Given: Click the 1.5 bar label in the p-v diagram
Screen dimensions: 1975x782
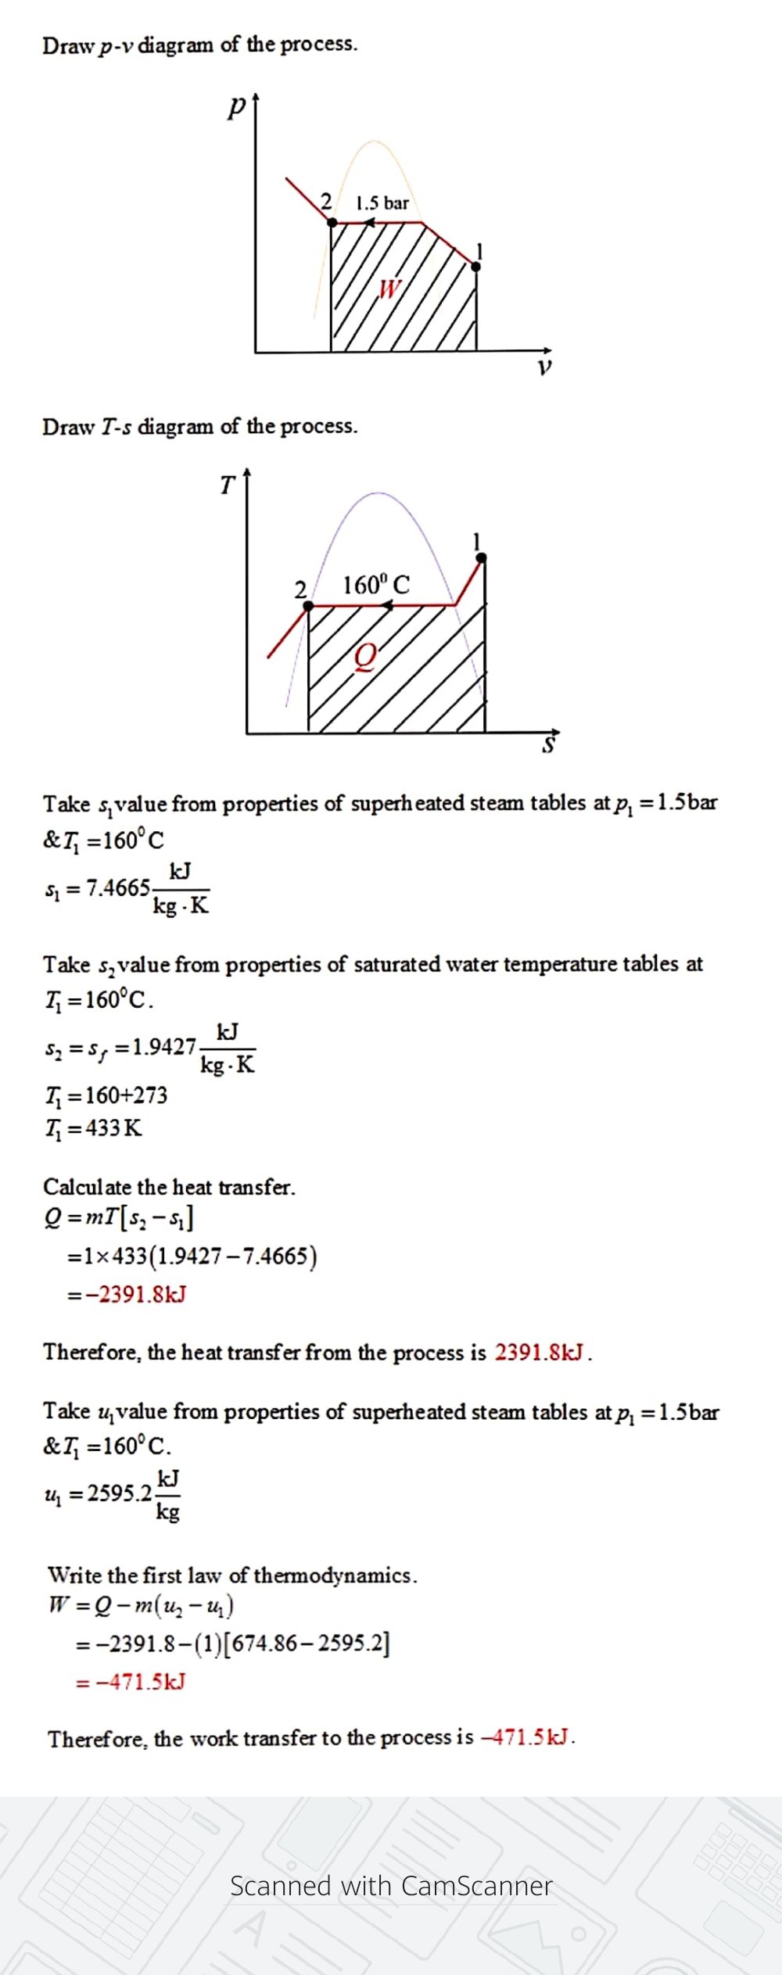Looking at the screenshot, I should (x=382, y=203).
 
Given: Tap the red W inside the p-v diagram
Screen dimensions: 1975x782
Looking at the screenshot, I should (x=389, y=289).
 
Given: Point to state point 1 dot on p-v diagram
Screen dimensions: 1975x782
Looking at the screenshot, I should (x=476, y=267).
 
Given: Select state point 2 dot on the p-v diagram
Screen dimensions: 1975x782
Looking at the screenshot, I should (x=332, y=223).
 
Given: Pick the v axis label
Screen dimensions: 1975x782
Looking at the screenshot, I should (x=544, y=367).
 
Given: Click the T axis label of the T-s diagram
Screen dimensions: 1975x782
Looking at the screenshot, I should (x=227, y=486).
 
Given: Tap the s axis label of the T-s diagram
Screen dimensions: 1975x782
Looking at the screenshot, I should (x=549, y=745).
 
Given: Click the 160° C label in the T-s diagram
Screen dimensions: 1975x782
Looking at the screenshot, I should (x=375, y=585).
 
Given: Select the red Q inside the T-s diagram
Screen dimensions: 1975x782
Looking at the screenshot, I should (x=365, y=656).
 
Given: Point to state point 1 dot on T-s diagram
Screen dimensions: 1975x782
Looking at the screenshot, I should (x=482, y=557).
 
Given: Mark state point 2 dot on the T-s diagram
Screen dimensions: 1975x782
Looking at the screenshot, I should (x=309, y=606).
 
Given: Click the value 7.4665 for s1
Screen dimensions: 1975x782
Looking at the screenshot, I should (x=117, y=888).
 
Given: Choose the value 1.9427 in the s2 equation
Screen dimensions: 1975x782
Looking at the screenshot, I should (x=163, y=1047).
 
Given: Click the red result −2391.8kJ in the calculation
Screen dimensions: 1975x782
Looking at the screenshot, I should (x=136, y=1295).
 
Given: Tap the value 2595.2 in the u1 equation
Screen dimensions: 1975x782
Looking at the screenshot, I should (x=120, y=1493).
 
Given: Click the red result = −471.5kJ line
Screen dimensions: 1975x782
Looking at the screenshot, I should (x=131, y=1682).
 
